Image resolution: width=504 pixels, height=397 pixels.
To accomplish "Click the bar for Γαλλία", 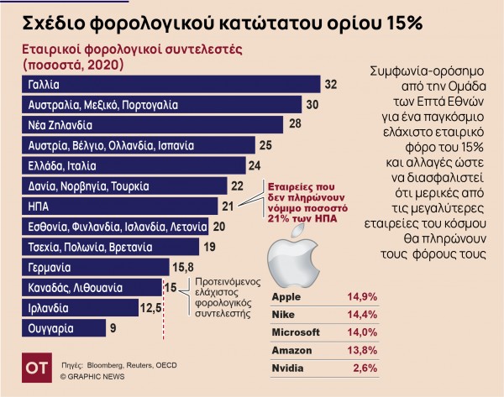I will pyautogui.click(x=168, y=85).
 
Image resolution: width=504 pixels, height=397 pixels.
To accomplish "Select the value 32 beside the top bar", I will pyautogui.click(x=331, y=85).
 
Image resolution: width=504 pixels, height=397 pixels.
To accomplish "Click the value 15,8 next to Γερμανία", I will pyautogui.click(x=184, y=268).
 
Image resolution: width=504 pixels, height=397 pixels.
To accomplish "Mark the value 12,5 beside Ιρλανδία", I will pyautogui.click(x=151, y=309).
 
